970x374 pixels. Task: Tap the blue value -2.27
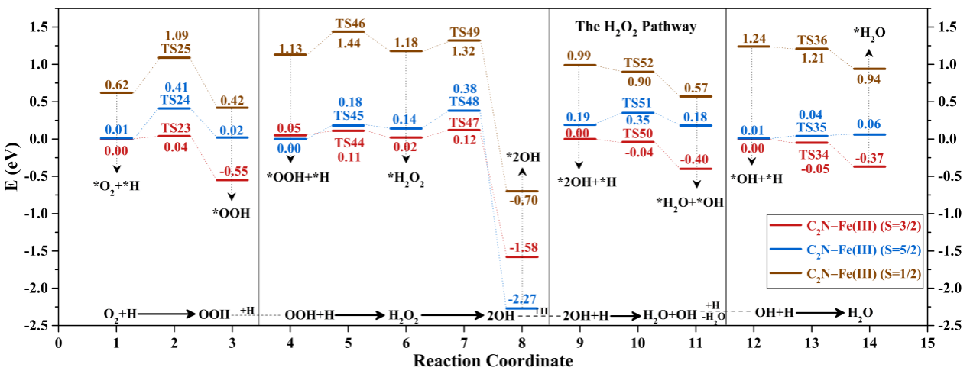(x=522, y=298)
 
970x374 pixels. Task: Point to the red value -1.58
(x=522, y=247)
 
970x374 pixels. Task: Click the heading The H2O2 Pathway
(x=636, y=27)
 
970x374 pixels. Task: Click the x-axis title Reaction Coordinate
(x=493, y=359)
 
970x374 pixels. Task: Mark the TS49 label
(x=464, y=32)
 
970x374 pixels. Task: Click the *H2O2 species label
(x=406, y=182)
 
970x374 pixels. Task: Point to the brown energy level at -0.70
(x=522, y=191)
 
